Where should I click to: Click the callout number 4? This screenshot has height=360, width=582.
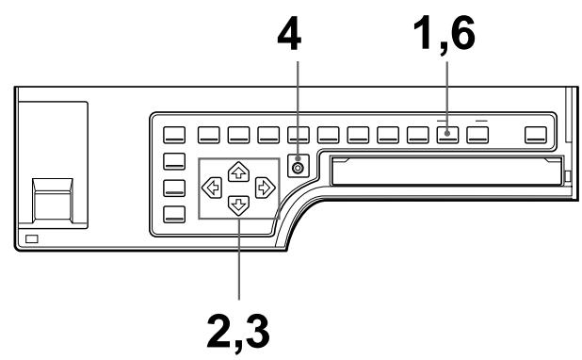pos(298,35)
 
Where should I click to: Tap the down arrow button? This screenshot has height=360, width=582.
pos(240,204)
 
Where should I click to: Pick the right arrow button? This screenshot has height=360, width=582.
pos(267,187)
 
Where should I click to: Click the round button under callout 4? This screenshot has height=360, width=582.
pos(299,168)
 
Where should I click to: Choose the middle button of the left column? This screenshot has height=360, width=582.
pos(176,187)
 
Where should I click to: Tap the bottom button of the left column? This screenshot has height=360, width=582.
pos(176,211)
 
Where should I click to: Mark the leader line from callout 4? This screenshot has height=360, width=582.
pos(298,104)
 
